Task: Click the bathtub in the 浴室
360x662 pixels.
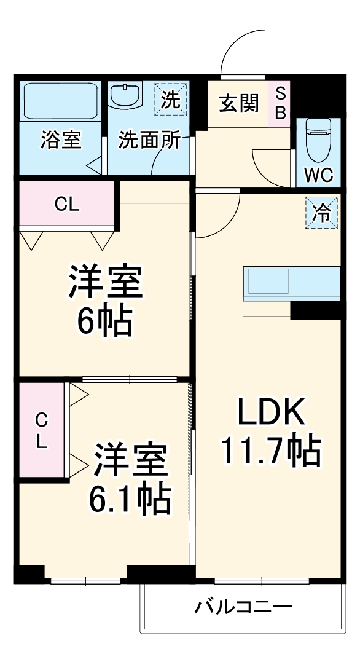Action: coord(60,101)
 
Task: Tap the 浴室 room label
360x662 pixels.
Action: coord(60,140)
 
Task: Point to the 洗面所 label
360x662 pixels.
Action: coord(149,140)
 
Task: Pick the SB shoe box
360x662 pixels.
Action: coord(280,103)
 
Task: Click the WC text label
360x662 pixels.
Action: coord(318,175)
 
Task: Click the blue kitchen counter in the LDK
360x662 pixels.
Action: coord(291,281)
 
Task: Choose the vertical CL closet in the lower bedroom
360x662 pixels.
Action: coord(41,430)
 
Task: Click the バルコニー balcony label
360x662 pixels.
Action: coord(243,607)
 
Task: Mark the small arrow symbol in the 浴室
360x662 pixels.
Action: coord(93,165)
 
